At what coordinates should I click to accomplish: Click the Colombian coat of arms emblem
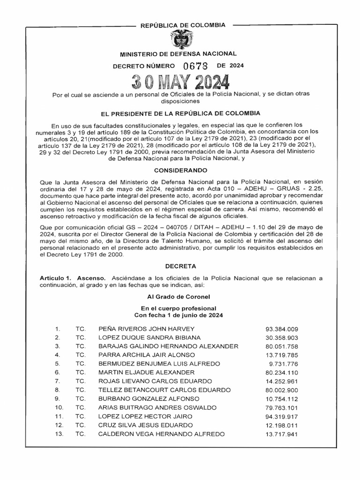pyautogui.click(x=180, y=40)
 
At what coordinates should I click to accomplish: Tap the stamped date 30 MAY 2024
pyautogui.click(x=180, y=82)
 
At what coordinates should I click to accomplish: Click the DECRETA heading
pyautogui.click(x=180, y=266)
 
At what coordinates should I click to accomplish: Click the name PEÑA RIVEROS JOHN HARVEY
pyautogui.click(x=146, y=329)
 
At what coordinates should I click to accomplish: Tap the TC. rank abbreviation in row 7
pyautogui.click(x=80, y=381)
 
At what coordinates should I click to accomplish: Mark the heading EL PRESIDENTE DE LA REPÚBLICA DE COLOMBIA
pyautogui.click(x=180, y=113)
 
